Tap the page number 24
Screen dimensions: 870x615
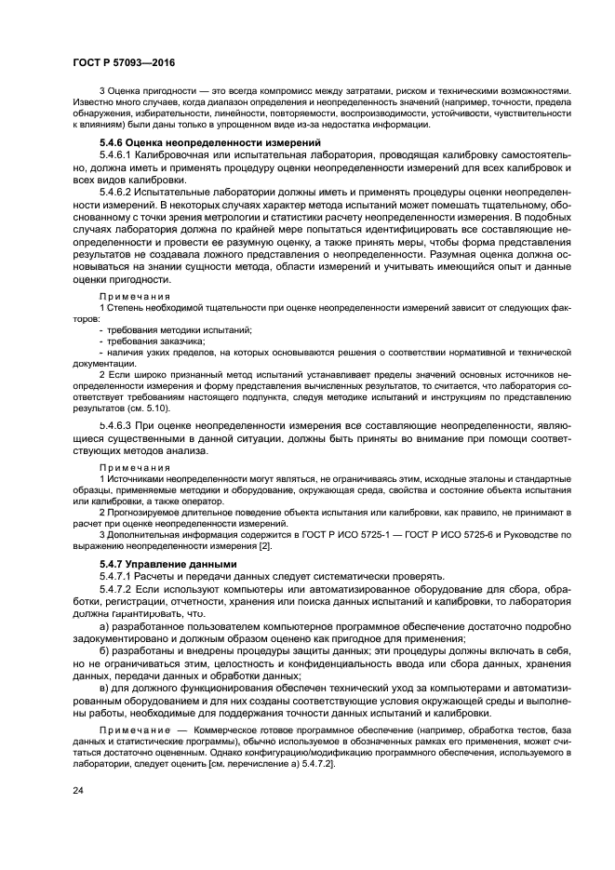tap(77, 789)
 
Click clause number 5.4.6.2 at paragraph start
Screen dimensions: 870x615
tap(115, 191)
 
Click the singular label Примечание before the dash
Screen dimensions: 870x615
tap(135, 730)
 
